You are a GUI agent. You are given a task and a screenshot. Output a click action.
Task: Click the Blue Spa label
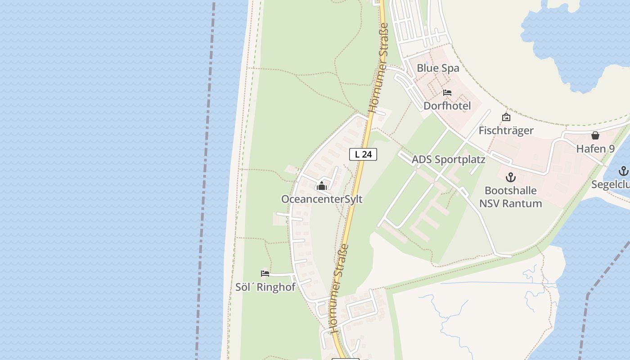point(438,68)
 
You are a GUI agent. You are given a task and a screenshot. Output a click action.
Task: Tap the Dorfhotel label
point(447,106)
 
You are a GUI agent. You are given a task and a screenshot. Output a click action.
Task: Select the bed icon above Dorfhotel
point(447,93)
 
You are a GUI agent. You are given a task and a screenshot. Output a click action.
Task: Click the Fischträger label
point(506,130)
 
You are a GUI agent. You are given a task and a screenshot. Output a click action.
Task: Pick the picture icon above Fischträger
point(506,117)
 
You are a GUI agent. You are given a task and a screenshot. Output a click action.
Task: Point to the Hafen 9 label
point(595,148)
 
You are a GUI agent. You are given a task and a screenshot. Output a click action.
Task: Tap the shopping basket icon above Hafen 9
point(595,135)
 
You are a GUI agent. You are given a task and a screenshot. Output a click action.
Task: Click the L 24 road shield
point(363,154)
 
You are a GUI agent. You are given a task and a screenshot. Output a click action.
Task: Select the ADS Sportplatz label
point(448,160)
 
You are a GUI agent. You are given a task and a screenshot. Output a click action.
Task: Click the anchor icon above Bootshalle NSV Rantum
point(510,177)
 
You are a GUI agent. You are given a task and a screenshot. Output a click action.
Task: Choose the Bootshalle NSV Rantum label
point(510,197)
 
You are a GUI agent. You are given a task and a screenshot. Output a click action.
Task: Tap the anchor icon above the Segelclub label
point(623,171)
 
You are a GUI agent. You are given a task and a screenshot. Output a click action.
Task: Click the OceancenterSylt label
point(322,199)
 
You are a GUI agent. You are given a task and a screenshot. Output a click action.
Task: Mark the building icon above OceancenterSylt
point(322,186)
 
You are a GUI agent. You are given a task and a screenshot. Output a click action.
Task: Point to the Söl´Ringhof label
point(265,287)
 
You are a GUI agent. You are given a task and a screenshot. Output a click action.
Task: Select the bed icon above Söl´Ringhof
point(265,273)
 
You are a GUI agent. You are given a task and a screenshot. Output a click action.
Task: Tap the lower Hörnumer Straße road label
point(340,288)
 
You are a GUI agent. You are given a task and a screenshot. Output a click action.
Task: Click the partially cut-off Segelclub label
point(611,184)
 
